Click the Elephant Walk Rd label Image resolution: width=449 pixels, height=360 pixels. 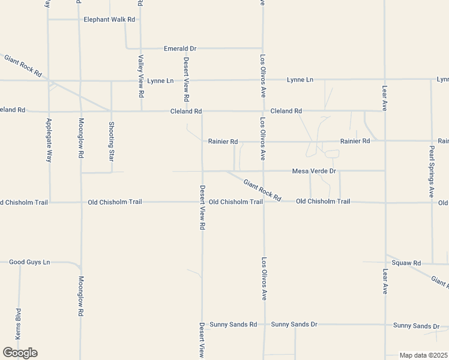109,19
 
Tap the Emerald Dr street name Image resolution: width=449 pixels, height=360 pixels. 180,48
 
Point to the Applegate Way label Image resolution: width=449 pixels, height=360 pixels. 49,140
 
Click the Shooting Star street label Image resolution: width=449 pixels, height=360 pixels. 111,142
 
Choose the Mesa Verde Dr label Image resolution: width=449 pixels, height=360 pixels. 314,171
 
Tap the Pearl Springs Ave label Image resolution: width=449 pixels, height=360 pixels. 431,171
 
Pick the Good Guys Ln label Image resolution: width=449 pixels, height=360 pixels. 29,262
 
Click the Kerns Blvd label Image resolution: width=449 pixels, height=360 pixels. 18,323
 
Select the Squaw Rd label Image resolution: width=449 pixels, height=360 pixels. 406,263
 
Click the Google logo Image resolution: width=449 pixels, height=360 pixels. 20,352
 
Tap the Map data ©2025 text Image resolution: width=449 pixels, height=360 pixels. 424,355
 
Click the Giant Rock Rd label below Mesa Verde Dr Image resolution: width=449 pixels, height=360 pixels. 262,190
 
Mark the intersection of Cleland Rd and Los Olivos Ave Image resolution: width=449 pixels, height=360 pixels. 262,111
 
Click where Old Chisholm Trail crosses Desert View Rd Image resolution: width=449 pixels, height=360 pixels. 202,202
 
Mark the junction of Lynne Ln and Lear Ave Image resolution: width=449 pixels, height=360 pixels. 385,79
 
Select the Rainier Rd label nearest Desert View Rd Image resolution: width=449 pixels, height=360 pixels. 223,142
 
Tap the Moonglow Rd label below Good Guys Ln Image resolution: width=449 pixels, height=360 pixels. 80,296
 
